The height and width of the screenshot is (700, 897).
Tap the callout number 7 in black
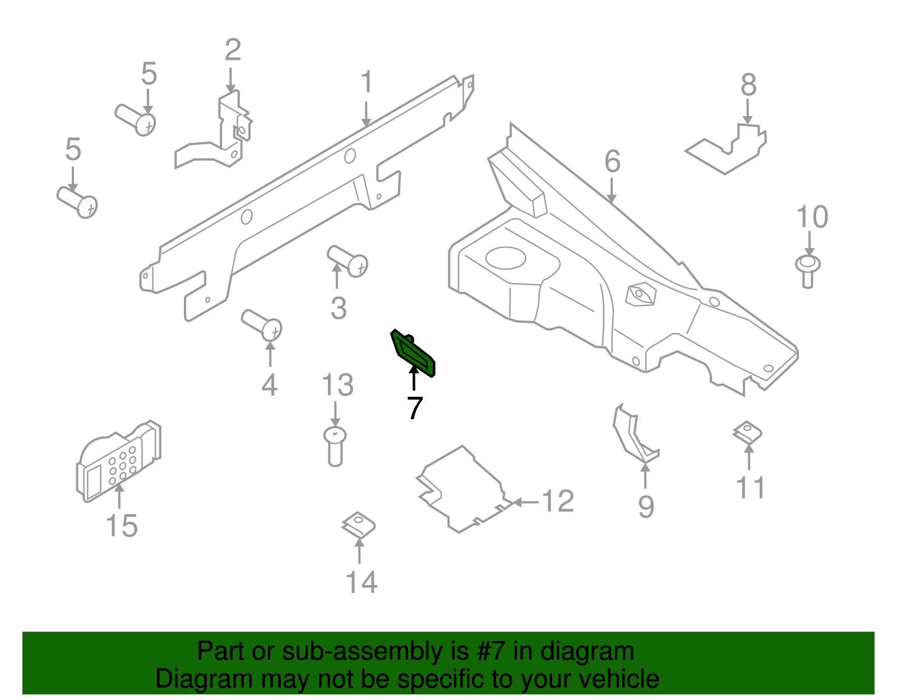click(x=414, y=409)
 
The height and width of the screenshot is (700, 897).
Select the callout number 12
click(x=558, y=501)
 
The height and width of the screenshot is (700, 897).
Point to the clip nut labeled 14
click(x=358, y=526)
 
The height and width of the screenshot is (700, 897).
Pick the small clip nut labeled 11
click(x=747, y=433)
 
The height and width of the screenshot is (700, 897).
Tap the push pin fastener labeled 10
click(x=808, y=270)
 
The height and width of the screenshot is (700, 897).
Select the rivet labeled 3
click(x=348, y=261)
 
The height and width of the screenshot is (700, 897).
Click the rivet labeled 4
click(x=262, y=324)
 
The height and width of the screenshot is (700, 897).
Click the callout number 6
click(x=612, y=161)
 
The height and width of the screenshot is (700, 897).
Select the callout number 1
click(x=366, y=82)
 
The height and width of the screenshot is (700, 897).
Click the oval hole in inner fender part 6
click(x=505, y=258)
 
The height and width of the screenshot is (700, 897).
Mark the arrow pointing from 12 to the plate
click(x=525, y=502)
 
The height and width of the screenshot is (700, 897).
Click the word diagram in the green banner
click(x=587, y=651)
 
